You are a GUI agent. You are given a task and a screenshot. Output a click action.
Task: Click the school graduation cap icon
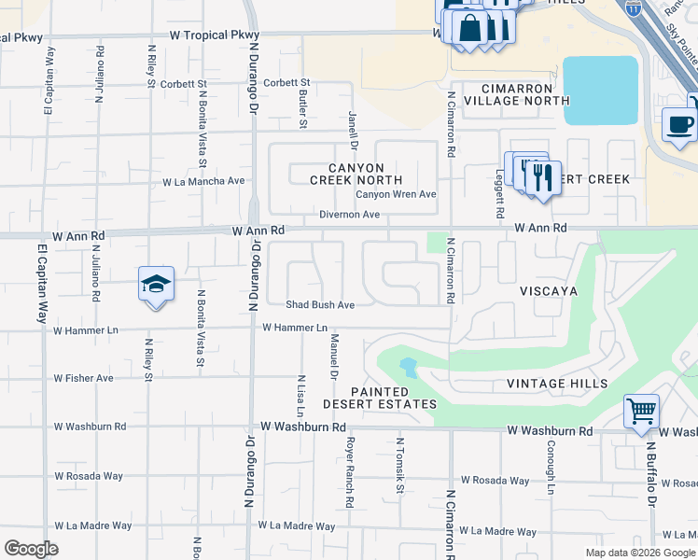pos(156,284)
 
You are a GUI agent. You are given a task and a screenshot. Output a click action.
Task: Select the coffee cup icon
pos(679,124)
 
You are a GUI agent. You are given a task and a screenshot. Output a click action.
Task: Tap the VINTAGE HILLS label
pos(557,384)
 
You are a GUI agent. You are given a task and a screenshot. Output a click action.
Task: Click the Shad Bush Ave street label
pos(320,304)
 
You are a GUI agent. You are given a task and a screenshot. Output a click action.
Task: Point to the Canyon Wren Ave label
pos(396,194)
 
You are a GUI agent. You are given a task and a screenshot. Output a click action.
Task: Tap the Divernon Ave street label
pos(350,215)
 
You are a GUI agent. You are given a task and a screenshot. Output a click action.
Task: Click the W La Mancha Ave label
pos(203,182)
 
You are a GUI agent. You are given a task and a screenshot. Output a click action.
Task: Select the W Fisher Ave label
pos(83,378)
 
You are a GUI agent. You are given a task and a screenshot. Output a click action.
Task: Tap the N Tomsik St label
pos(399,465)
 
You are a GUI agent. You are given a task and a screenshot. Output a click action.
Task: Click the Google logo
pos(31,549)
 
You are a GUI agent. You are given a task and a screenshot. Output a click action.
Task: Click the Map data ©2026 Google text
pos(640,553)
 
